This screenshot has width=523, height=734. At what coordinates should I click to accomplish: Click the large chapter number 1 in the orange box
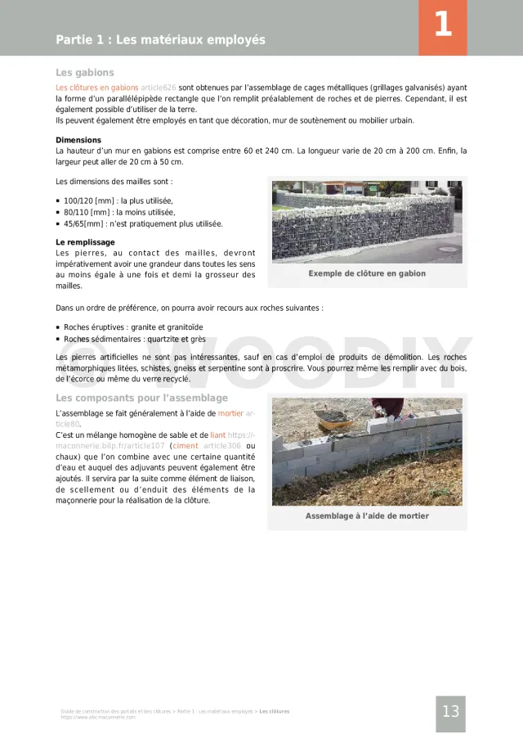click(442, 25)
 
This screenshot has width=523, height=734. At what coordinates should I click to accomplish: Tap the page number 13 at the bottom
click(450, 711)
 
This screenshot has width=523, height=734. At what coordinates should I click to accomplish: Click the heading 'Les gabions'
click(85, 72)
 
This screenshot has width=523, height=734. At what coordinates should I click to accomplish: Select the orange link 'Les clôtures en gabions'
click(96, 87)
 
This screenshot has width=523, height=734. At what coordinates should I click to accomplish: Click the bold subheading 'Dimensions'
click(78, 140)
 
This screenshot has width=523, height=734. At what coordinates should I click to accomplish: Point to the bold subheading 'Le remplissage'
click(85, 242)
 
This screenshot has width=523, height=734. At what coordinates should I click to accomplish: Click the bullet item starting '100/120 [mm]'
click(118, 200)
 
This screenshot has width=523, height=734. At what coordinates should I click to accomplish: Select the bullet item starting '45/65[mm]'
click(143, 223)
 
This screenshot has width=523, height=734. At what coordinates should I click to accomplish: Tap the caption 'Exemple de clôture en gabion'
click(367, 273)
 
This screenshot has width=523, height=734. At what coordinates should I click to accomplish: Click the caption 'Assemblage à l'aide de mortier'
click(367, 516)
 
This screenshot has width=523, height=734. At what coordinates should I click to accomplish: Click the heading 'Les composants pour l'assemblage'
click(141, 398)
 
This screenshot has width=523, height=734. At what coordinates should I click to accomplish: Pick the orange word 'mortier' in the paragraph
click(230, 413)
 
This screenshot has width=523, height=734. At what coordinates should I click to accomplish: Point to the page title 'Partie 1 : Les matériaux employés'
click(160, 39)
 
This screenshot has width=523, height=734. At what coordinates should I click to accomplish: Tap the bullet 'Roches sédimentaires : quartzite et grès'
click(135, 339)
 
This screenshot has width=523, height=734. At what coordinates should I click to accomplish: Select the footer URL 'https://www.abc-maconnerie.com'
click(98, 717)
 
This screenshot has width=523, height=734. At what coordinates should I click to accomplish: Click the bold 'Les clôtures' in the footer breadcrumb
click(275, 711)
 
